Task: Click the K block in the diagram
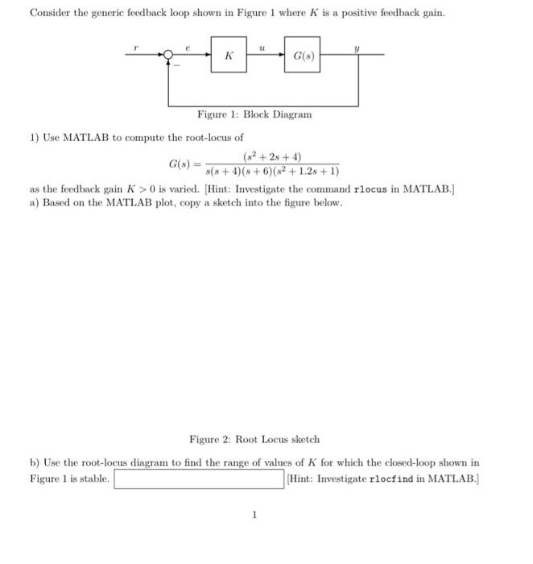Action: coord(229,56)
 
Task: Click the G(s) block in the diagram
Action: coord(302,56)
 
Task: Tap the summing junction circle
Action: coord(169,56)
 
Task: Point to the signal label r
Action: coord(137,48)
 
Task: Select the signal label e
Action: coord(188,48)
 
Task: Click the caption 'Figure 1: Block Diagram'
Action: coord(254,114)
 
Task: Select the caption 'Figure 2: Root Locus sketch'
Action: coord(254,440)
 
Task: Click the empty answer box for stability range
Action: coord(199,479)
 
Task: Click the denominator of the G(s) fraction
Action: coord(272,171)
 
